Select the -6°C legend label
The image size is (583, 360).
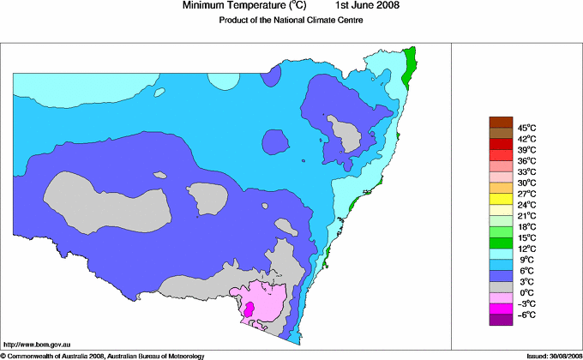(526, 315)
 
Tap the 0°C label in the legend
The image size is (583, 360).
(527, 292)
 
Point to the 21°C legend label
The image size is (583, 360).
(527, 215)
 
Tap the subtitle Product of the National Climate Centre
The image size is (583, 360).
(291, 21)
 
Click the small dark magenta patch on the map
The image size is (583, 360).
(249, 309)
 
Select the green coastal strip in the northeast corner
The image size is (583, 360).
(410, 63)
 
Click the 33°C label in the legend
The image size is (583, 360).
(527, 171)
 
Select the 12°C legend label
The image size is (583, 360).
(527, 249)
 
